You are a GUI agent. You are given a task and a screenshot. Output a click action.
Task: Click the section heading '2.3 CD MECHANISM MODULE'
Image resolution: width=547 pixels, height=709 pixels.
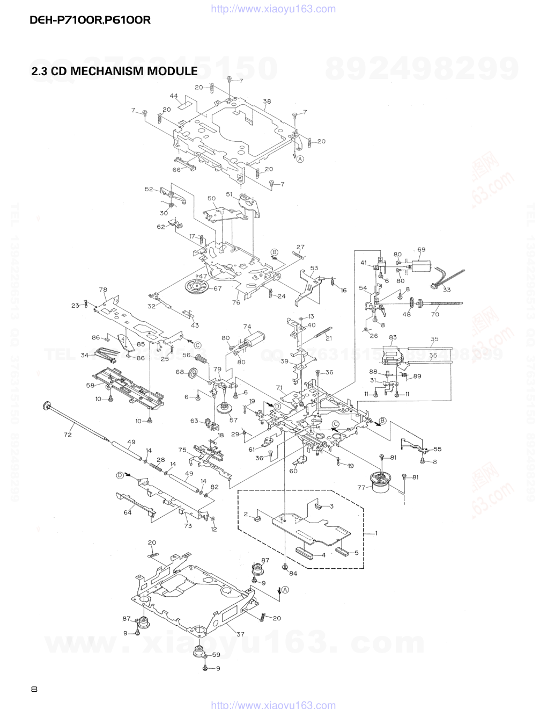[x=114, y=71]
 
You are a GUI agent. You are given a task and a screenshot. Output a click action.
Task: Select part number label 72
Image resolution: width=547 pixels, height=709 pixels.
[x=68, y=435]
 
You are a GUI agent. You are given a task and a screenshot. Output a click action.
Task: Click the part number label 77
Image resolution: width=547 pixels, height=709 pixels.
[x=361, y=487]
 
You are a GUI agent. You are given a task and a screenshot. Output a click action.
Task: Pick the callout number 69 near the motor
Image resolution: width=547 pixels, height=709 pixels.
[x=421, y=249]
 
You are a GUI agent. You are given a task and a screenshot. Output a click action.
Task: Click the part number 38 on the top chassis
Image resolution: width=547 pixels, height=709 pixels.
[x=267, y=101]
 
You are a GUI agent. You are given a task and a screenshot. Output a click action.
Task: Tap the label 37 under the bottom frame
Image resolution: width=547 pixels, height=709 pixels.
[x=240, y=634]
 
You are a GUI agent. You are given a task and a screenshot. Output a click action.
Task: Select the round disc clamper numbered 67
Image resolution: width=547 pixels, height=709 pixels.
[x=196, y=287]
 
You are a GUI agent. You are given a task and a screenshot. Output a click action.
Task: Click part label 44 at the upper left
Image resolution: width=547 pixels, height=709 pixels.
[x=174, y=96]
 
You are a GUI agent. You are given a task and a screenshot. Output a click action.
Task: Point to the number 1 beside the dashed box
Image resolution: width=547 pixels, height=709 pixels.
[x=376, y=533]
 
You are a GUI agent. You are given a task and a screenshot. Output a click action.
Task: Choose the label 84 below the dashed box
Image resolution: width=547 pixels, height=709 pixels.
[x=293, y=573]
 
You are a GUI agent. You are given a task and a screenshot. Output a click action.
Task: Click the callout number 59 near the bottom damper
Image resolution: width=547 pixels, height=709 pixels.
[x=216, y=654]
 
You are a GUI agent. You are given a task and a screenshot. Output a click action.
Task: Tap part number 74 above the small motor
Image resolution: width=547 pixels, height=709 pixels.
[x=247, y=326]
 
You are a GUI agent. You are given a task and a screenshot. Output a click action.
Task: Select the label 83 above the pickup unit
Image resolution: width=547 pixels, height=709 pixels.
[x=393, y=337]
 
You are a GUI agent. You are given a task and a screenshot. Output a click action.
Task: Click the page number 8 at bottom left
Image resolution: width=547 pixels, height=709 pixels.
[x=34, y=689]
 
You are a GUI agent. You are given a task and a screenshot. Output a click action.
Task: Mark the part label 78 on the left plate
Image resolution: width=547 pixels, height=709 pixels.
[x=103, y=290]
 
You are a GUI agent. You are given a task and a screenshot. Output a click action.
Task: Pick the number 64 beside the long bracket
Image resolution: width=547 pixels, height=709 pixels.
[x=127, y=512]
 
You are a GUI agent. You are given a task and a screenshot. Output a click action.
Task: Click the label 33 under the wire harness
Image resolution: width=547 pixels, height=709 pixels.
[x=447, y=290]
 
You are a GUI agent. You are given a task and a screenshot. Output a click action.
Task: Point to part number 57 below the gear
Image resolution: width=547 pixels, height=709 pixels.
[x=233, y=419]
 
